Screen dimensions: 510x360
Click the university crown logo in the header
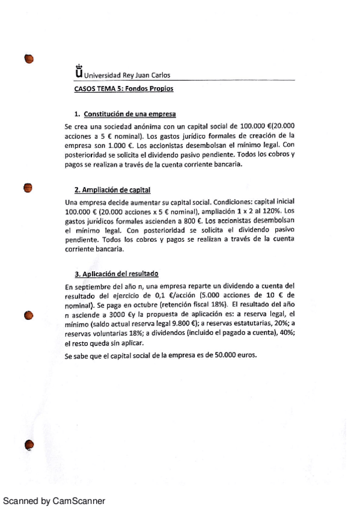(x=78, y=72)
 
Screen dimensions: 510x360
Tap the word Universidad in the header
(x=103, y=76)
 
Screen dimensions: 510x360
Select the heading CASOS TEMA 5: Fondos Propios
(x=123, y=88)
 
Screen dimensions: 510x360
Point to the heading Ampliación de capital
(x=116, y=190)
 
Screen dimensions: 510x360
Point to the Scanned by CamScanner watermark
(x=55, y=500)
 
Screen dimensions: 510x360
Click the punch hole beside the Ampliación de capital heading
(x=28, y=188)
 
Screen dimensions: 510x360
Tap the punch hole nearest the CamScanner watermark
(x=28, y=445)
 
